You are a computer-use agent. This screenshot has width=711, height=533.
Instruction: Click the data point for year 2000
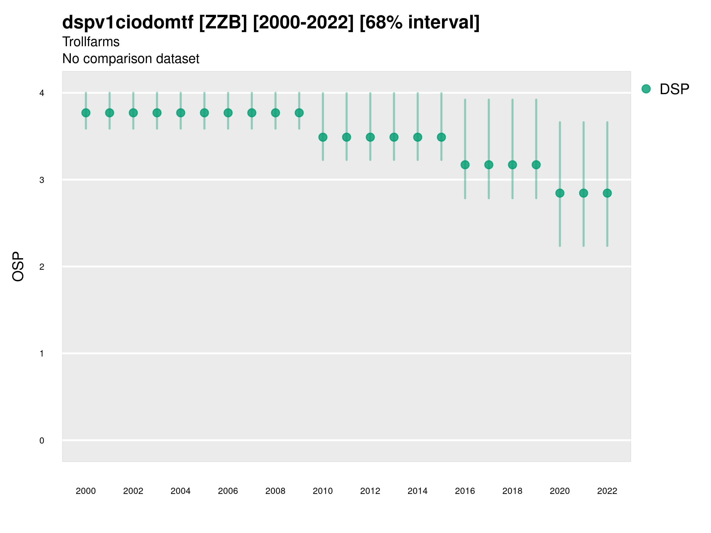[x=86, y=113]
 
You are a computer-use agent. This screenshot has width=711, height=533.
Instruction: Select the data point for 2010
[x=323, y=137]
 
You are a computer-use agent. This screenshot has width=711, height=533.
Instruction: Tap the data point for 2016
[x=465, y=165]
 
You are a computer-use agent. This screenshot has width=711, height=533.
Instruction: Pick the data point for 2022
[x=607, y=193]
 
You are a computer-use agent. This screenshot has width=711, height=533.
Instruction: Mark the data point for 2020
[x=560, y=193]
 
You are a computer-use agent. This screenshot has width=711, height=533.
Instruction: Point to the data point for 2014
[x=417, y=137]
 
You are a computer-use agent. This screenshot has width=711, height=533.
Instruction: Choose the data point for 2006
[x=228, y=113]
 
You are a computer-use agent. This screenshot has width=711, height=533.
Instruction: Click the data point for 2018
[x=512, y=165]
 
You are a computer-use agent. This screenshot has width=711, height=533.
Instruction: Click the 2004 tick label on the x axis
[x=180, y=491]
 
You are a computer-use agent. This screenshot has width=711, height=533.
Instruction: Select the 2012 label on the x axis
[x=370, y=491]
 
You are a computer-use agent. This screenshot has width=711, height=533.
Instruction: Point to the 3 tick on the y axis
[x=42, y=180]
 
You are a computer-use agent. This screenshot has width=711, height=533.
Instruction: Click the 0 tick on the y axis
[x=42, y=441]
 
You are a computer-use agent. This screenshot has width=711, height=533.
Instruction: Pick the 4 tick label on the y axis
[x=42, y=93]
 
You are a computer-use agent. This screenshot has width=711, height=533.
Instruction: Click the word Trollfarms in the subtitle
[x=91, y=42]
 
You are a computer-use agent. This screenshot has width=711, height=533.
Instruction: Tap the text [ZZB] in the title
[x=223, y=23]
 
